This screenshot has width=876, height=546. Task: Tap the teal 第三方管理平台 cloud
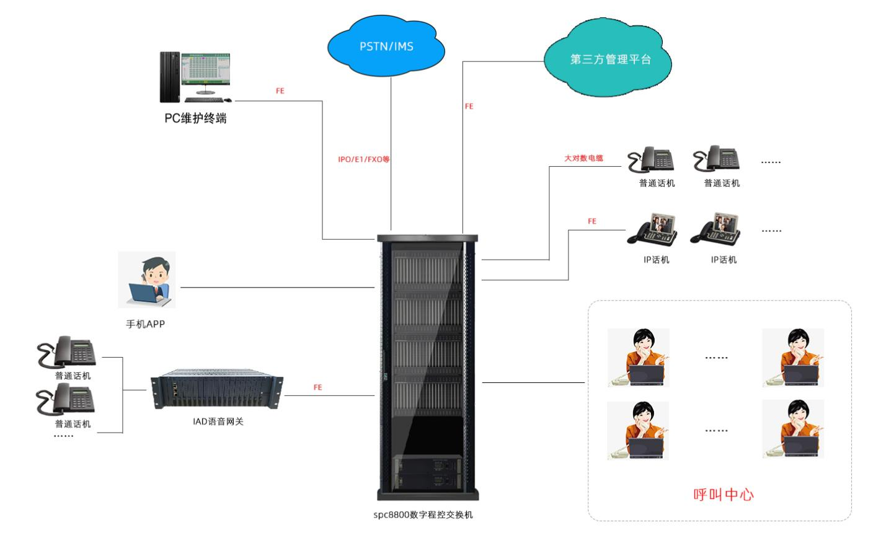[610, 59]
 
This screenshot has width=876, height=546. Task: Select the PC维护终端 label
[195, 118]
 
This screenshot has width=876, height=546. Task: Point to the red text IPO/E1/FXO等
[364, 159]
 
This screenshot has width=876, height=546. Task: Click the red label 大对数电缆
[583, 159]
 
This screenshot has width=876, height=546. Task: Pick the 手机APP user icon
[148, 280]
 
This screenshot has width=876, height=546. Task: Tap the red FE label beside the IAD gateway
[317, 387]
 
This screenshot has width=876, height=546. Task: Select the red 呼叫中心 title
[723, 494]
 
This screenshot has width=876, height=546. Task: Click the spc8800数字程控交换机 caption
[423, 514]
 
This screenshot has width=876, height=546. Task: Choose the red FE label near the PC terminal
[280, 91]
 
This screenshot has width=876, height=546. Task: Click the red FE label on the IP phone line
[591, 221]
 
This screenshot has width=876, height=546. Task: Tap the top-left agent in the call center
[639, 358]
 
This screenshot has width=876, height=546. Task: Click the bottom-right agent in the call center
[793, 429]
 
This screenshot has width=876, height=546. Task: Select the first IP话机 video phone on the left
[652, 229]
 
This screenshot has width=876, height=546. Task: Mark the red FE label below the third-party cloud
[469, 107]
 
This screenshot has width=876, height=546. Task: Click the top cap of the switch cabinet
[428, 237]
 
